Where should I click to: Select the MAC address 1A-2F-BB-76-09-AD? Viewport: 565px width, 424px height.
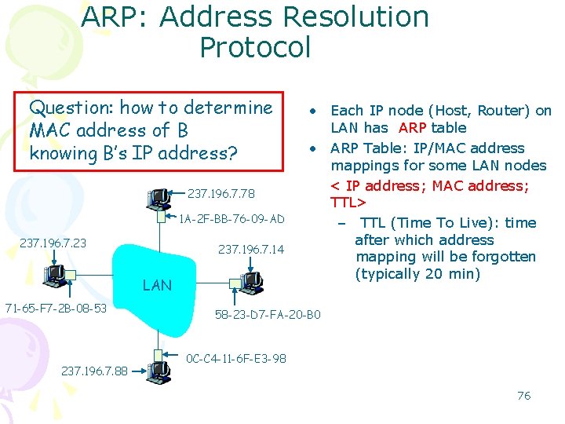coord(232,219)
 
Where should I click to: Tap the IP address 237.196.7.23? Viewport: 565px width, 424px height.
coord(53,243)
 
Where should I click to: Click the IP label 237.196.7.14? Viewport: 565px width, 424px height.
coord(251,250)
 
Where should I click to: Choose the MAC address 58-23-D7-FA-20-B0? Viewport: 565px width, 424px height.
coord(268,315)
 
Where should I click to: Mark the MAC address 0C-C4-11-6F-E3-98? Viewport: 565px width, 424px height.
coord(236,359)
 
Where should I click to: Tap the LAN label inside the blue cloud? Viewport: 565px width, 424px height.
coord(157,286)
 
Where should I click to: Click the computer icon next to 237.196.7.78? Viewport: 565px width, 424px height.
coord(159,199)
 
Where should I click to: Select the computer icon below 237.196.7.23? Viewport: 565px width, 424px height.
coord(56,273)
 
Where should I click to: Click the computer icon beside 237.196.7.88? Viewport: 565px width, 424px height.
coord(159,370)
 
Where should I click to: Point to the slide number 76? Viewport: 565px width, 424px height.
coord(523,396)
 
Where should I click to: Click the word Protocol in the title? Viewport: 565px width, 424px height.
coord(255,48)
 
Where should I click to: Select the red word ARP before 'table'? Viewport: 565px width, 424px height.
coord(413,128)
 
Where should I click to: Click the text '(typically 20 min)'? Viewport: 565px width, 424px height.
coord(417,274)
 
